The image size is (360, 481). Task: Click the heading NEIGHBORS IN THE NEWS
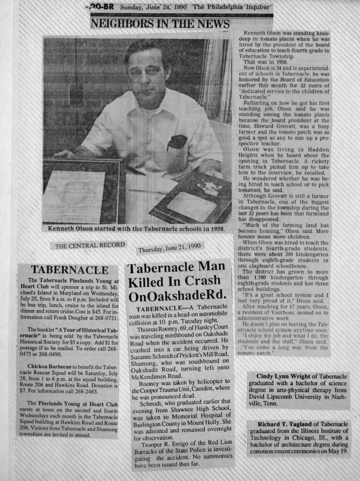(160, 24)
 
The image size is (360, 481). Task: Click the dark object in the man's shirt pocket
(178, 142)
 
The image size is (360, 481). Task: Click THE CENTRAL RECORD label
(90, 245)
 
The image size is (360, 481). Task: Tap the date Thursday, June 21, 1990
(170, 247)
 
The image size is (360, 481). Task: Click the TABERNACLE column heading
(69, 270)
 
